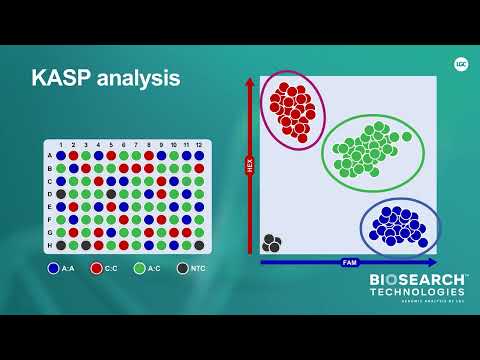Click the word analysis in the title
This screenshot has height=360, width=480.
136,78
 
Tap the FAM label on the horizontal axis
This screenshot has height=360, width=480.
349,262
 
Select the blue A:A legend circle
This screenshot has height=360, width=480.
54,268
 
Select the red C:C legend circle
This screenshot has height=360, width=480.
97,268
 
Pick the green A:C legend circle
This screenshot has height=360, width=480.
139,268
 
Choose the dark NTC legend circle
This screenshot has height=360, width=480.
182,268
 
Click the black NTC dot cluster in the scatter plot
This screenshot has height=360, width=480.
272,243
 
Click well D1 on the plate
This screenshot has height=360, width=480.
61,194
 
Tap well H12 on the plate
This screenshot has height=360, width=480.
198,245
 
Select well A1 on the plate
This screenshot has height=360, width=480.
61,156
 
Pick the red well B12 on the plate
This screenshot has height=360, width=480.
198,168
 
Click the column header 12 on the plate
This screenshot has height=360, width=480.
198,146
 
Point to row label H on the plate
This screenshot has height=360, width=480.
49,245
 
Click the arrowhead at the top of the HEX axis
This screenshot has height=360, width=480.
249,84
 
